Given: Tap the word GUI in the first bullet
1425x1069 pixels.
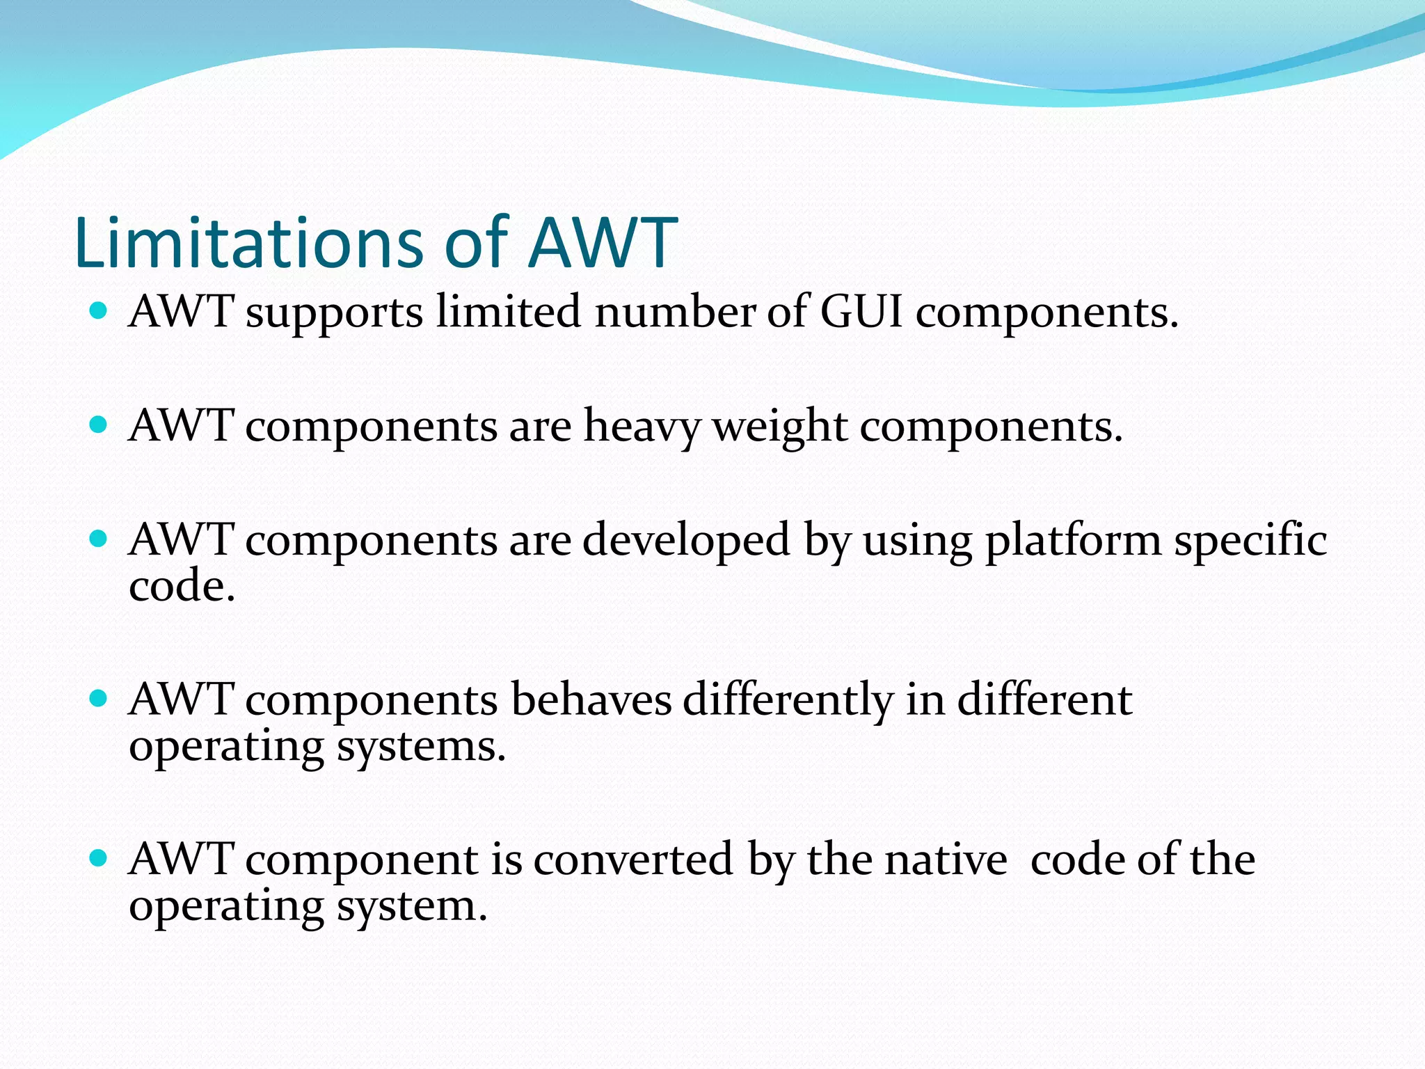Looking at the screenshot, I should [861, 311].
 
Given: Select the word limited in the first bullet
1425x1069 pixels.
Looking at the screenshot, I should [509, 311].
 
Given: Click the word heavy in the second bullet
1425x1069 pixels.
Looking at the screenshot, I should [642, 426].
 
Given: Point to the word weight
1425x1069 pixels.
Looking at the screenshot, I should [780, 426].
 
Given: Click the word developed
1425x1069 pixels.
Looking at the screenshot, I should [686, 540].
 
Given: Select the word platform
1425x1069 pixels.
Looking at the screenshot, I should [1073, 540].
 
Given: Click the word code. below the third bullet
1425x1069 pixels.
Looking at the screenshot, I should [182, 586].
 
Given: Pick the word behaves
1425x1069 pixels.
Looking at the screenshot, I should [591, 699].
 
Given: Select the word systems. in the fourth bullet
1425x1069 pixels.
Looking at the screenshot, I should [421, 746].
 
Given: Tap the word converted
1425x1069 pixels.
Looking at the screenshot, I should [633, 860].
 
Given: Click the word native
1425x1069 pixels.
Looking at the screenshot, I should [946, 860].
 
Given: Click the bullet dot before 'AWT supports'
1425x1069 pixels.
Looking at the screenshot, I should [99, 310].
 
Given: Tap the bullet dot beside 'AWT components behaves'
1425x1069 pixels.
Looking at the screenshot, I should [99, 698].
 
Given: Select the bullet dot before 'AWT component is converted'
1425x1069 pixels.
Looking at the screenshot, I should [99, 858].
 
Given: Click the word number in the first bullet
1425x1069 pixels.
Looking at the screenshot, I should [674, 311].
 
